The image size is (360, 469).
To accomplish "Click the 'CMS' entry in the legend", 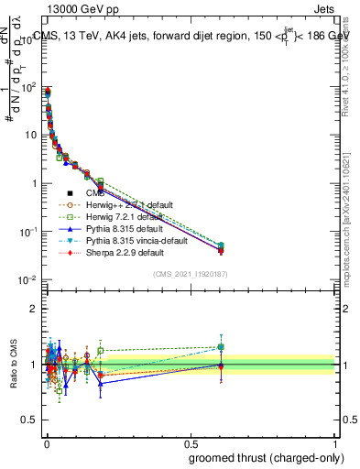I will pyautogui.click(x=96, y=193).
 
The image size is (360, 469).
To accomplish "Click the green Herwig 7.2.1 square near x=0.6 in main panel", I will pyautogui.click(x=220, y=245).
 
